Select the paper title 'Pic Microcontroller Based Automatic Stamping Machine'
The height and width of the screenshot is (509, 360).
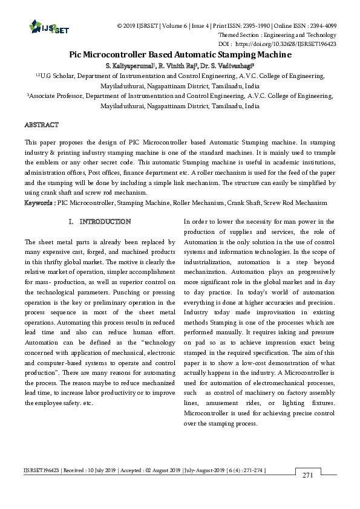pos(180,54)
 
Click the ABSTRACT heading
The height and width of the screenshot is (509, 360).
pos(41,125)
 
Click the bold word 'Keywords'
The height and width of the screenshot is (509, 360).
pos(38,203)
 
